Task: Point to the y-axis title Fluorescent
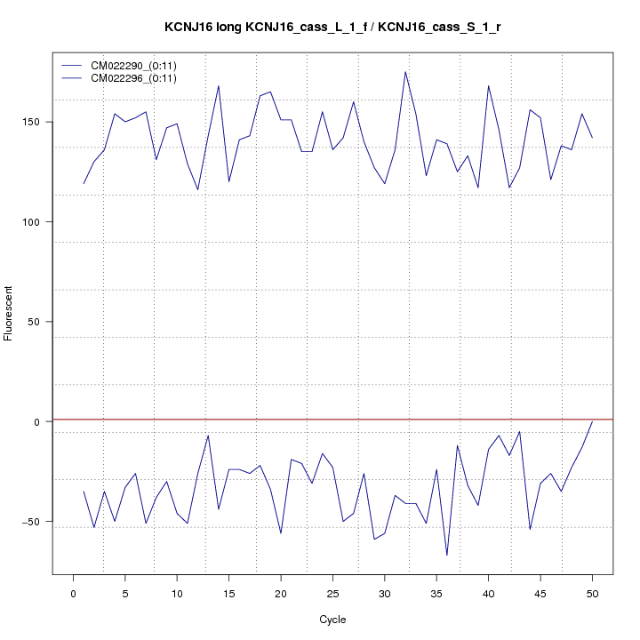click(x=10, y=313)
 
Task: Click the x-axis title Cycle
click(x=332, y=620)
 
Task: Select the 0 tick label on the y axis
click(x=37, y=421)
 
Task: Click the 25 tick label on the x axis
click(x=332, y=593)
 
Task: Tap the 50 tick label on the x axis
click(x=592, y=593)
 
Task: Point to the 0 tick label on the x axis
click(x=73, y=593)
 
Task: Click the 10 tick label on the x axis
click(x=177, y=593)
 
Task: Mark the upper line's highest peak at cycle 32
click(x=405, y=72)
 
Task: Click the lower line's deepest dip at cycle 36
click(x=447, y=556)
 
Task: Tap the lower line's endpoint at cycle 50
click(x=592, y=421)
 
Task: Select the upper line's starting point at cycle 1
click(x=84, y=184)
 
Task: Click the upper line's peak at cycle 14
click(x=219, y=85)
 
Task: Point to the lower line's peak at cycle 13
click(x=208, y=436)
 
